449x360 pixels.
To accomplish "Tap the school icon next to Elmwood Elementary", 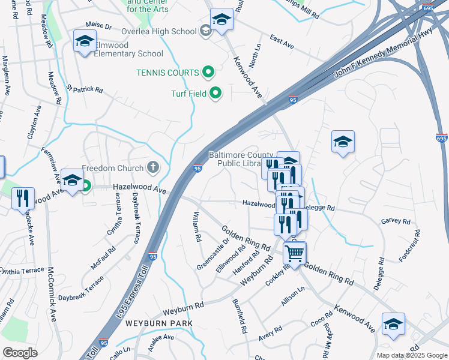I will click(x=85, y=42).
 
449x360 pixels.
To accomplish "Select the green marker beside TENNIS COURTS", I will click(x=208, y=73).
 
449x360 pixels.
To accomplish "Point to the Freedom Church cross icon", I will click(x=153, y=168).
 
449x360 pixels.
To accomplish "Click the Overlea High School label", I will click(x=158, y=31).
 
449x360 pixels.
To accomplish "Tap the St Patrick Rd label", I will click(x=84, y=89).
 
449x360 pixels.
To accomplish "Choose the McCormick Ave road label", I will click(x=52, y=294).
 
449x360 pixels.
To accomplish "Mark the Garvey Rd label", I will click(x=395, y=221).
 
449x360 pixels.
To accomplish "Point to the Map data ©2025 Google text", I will click(x=411, y=355).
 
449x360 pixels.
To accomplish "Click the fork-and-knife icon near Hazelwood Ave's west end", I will click(x=23, y=199).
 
